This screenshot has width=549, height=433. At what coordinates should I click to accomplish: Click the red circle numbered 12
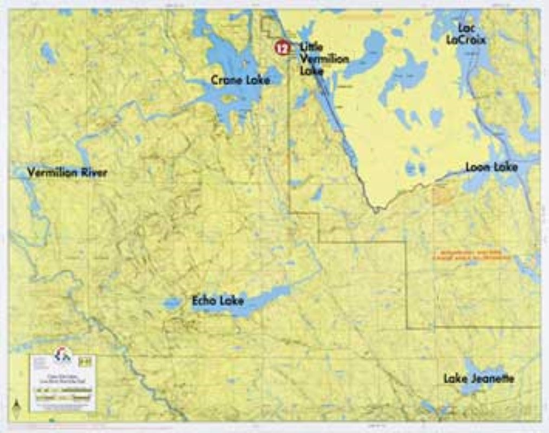(x=282, y=48)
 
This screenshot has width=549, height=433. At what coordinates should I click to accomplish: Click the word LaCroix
(x=466, y=39)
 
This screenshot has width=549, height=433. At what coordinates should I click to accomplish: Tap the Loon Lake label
(x=492, y=167)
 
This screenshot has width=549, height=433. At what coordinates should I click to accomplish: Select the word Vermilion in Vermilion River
(x=52, y=173)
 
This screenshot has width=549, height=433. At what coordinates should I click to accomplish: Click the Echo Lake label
(x=218, y=300)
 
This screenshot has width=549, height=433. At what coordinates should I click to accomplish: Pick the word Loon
(x=479, y=167)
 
